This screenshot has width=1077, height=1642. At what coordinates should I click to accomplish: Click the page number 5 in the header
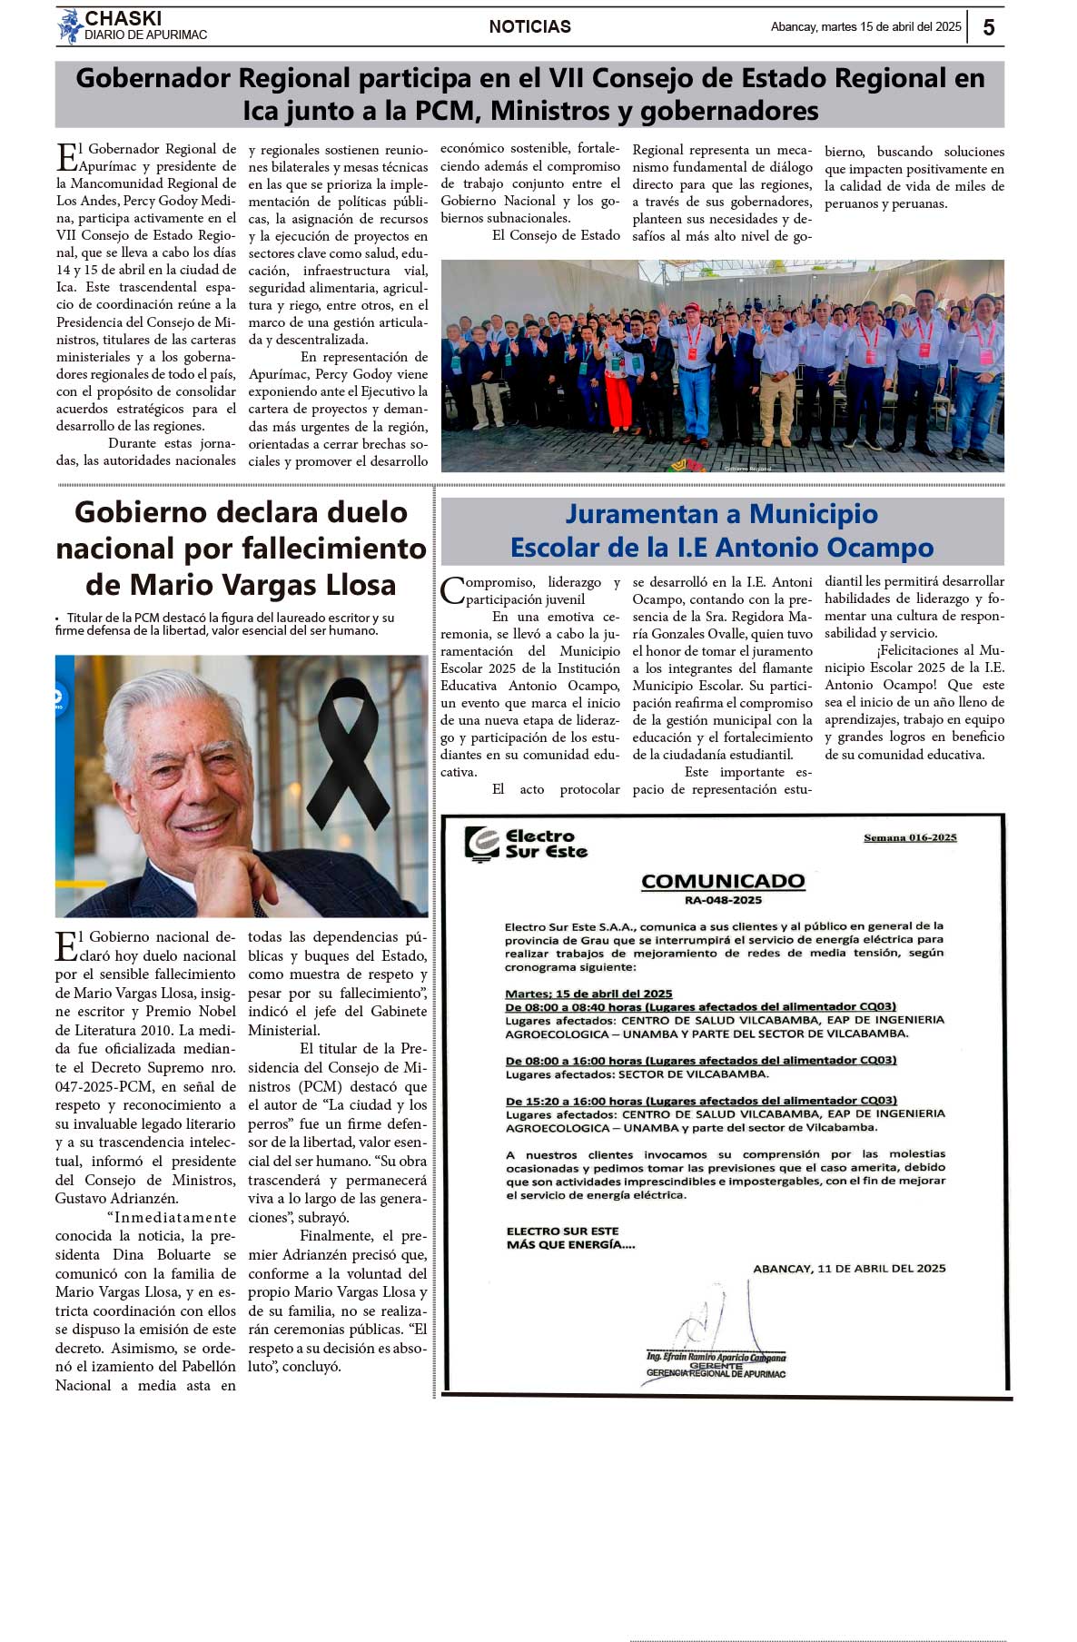[x=989, y=27]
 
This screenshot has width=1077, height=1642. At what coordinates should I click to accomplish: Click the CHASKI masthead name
[x=123, y=18]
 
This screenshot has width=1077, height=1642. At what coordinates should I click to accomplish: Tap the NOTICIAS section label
[x=529, y=27]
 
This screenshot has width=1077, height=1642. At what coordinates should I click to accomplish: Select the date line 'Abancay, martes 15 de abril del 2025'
[x=865, y=27]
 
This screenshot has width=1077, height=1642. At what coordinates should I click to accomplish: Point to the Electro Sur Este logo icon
[x=481, y=844]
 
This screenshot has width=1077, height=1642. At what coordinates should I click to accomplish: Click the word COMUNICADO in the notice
[x=723, y=881]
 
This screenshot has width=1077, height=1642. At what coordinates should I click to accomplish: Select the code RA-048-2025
[x=723, y=900]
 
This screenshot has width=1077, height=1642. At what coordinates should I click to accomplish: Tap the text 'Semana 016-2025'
[x=910, y=837]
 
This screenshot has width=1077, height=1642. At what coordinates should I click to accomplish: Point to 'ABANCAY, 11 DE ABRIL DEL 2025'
[x=849, y=1268]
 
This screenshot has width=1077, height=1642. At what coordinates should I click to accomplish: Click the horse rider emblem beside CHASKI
[x=69, y=26]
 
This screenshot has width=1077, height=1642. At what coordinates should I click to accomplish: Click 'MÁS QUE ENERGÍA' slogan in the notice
[x=570, y=1244]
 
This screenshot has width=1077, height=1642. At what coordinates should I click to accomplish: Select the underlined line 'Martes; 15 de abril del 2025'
[x=588, y=994]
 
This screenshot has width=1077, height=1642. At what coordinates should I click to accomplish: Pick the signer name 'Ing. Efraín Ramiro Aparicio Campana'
[x=716, y=1357]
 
